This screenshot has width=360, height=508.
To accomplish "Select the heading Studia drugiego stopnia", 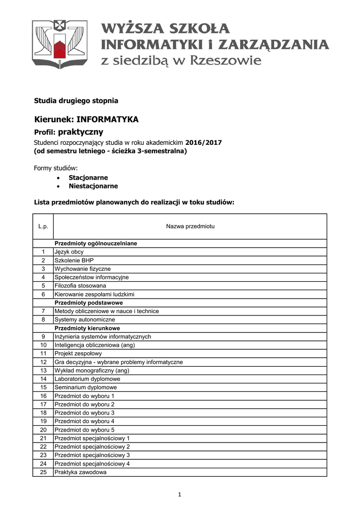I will (76, 101).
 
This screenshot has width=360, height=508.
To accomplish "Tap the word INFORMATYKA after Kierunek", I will (107, 120).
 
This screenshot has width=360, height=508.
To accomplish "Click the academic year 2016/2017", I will (204, 142).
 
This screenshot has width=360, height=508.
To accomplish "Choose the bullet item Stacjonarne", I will (88, 178).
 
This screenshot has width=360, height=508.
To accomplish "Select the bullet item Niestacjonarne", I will (93, 186).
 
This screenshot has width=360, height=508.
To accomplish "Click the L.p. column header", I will (43, 226).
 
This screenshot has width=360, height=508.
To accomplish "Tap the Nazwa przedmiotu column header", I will (190, 226).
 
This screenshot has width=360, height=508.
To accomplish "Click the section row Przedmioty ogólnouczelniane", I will (96, 244).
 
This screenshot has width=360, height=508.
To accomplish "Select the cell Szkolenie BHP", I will (74, 260).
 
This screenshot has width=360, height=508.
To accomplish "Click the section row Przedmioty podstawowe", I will (89, 303).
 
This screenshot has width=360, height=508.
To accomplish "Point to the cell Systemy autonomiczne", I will (84, 319).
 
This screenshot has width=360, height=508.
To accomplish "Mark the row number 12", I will (43, 362).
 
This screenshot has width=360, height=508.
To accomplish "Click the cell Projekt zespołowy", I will (78, 354).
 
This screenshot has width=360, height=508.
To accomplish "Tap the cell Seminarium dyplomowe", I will (85, 387).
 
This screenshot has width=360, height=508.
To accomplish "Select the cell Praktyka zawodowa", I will (80, 472).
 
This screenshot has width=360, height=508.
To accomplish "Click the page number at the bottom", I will (180, 494).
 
